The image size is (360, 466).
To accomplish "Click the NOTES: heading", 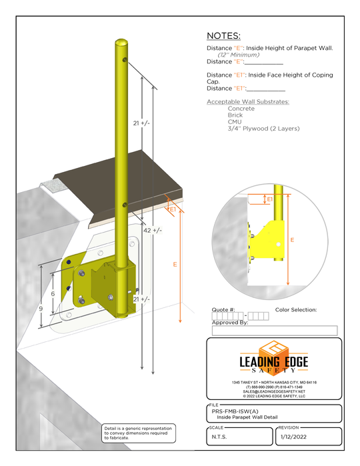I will pyautogui.click(x=224, y=35).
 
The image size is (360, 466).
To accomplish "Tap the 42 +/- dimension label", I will pyautogui.click(x=153, y=230).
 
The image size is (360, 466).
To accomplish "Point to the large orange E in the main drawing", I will pyautogui.click(x=175, y=265).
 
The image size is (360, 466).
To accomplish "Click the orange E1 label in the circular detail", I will pyautogui.click(x=270, y=199).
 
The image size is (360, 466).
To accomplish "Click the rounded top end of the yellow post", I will pyautogui.click(x=121, y=43).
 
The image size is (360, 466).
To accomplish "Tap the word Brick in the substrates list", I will pyautogui.click(x=235, y=115).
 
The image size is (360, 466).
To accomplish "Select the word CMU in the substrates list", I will pyautogui.click(x=235, y=121).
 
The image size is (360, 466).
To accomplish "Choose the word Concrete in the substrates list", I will pyautogui.click(x=241, y=108).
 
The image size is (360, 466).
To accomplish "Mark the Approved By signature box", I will pyautogui.click(x=274, y=330).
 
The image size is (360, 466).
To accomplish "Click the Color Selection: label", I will pyautogui.click(x=295, y=310).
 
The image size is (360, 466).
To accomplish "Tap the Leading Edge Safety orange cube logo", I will pyautogui.click(x=274, y=349).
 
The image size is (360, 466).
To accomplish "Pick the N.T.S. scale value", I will pyautogui.click(x=220, y=437).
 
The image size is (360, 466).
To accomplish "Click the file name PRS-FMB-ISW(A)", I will pyautogui.click(x=231, y=411).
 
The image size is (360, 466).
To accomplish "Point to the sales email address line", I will pyautogui.click(x=274, y=391).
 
